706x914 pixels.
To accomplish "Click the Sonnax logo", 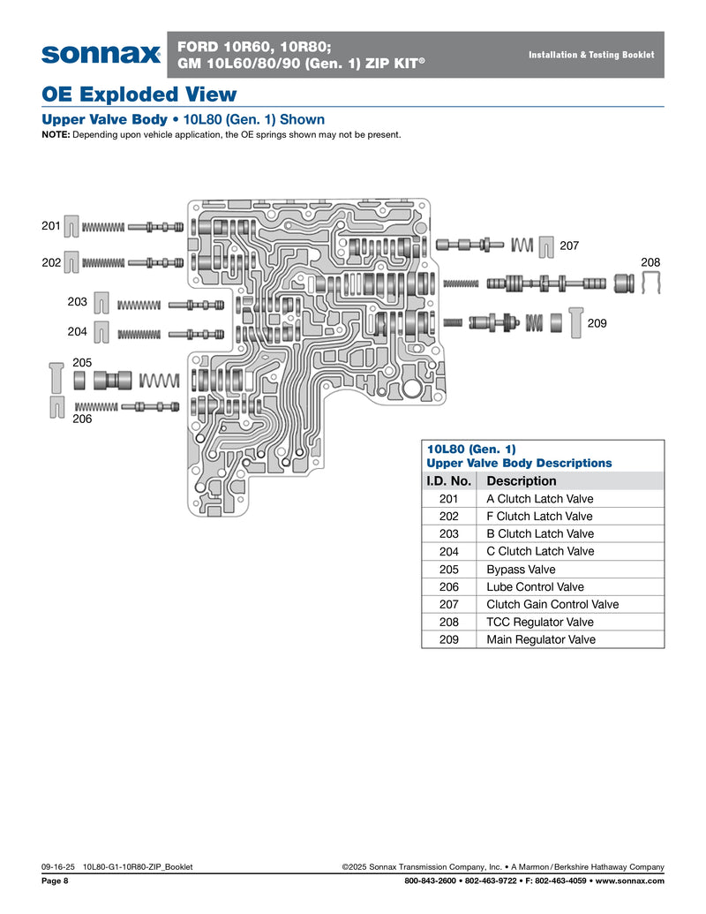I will click(x=101, y=55).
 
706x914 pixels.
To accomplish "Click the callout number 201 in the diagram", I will click(x=50, y=226).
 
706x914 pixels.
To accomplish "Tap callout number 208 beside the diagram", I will click(x=650, y=262).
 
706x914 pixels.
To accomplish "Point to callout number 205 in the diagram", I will click(x=82, y=362).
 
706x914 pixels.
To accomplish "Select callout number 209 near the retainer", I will click(x=597, y=324).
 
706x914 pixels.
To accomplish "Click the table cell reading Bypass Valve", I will click(x=521, y=569).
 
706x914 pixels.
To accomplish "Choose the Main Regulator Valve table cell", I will click(x=541, y=639).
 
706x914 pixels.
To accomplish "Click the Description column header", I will click(x=522, y=480).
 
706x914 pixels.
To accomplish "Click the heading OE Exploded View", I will click(x=139, y=94).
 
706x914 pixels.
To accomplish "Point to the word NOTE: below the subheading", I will click(x=56, y=135).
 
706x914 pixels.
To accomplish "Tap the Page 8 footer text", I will click(x=55, y=880).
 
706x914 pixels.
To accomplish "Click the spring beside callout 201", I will click(x=103, y=227).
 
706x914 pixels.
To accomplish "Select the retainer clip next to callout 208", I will click(x=651, y=283).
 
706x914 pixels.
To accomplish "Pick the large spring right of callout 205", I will click(x=160, y=381).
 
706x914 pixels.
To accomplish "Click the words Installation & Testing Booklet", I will click(x=591, y=55).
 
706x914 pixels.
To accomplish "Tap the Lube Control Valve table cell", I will click(x=535, y=586).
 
